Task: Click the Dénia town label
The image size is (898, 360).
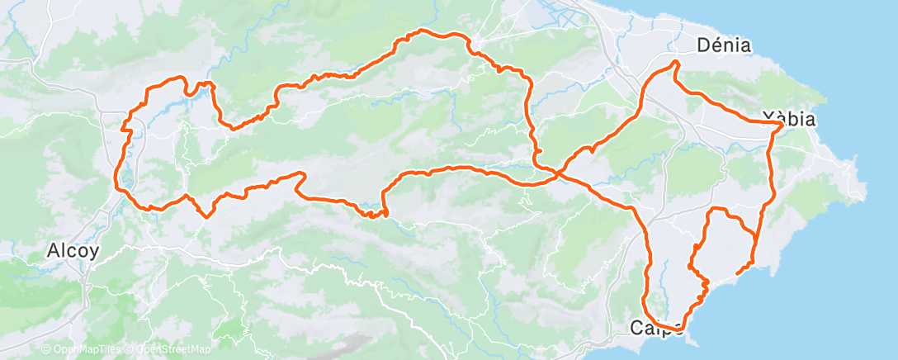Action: pyautogui.click(x=724, y=45)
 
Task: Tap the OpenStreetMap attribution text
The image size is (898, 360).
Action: pyautogui.click(x=169, y=348)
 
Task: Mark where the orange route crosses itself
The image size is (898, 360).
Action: pyautogui.click(x=560, y=173)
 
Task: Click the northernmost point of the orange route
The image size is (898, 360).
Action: pyautogui.click(x=422, y=31)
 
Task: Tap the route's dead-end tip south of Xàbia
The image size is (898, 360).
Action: pyautogui.click(x=736, y=271)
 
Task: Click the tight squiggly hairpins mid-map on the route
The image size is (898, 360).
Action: pyautogui.click(x=376, y=214)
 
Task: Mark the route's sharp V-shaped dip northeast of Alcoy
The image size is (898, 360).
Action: pyautogui.click(x=206, y=216)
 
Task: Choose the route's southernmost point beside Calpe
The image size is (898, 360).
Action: pyautogui.click(x=673, y=330)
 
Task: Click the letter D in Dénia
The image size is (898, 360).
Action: pyautogui.click(x=703, y=45)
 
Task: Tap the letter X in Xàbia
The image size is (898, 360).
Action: pyautogui.click(x=768, y=119)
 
